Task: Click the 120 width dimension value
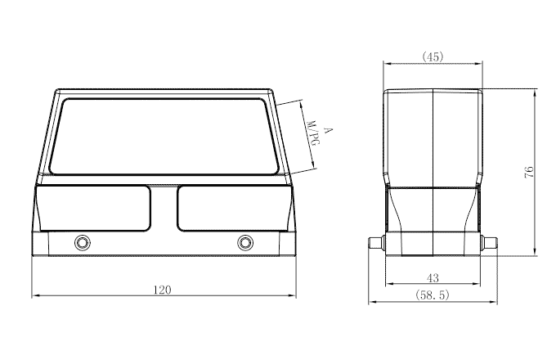coord(162,290)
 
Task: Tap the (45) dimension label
coord(433,56)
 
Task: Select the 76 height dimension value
coord(529,172)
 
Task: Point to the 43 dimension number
coord(433,278)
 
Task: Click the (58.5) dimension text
coord(433,295)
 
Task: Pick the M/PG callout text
coord(312,133)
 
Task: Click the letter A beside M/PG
coord(329,130)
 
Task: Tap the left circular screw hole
coord(83,243)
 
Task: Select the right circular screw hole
coord(245,243)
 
